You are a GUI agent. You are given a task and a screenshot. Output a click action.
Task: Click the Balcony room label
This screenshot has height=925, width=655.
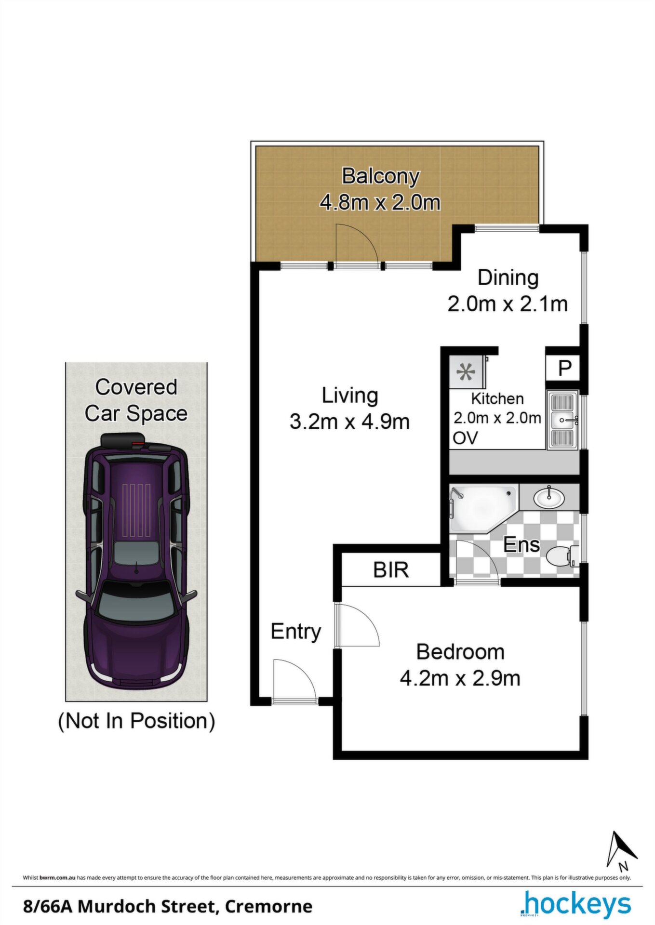(x=380, y=176)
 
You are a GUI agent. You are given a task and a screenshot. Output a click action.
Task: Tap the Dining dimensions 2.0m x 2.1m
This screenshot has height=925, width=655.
(x=508, y=304)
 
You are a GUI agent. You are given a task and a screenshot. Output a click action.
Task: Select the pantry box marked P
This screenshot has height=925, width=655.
(x=564, y=369)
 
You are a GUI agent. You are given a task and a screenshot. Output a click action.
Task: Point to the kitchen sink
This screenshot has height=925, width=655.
(x=562, y=420)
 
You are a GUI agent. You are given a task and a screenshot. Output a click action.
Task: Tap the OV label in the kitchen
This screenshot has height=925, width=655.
(x=465, y=438)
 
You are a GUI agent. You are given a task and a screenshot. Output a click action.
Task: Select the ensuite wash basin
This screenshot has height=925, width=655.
(x=549, y=497)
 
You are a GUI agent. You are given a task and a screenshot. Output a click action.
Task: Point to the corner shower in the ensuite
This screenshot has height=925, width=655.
(x=482, y=509)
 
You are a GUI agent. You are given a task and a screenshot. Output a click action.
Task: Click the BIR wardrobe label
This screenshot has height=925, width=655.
(x=391, y=570)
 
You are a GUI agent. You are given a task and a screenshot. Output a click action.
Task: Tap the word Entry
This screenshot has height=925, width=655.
(x=295, y=632)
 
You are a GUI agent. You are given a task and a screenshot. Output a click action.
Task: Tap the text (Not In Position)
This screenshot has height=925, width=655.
(x=136, y=721)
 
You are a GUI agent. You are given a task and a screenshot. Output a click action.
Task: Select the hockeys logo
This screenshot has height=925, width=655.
(x=575, y=904)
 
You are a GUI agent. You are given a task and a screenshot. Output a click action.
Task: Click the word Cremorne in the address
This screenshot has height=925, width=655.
(x=268, y=907)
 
